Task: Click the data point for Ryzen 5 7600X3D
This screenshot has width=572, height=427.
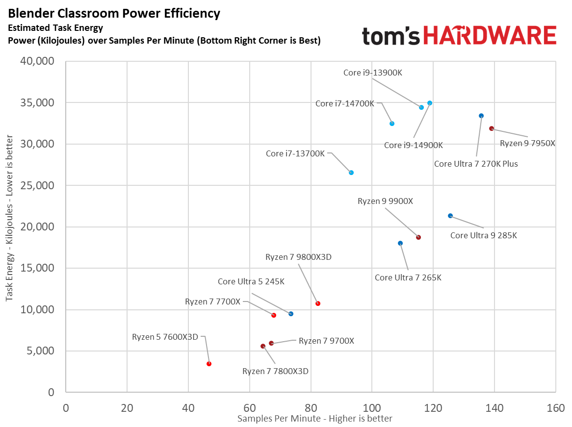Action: pos(209,364)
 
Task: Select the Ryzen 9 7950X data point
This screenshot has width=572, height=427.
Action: pos(491,128)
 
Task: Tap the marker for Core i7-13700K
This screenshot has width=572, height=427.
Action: pos(351,173)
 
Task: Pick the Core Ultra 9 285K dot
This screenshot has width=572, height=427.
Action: pos(450,216)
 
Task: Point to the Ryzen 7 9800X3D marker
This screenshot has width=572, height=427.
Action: pos(318,303)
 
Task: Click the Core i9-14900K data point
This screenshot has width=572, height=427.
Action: pos(430,103)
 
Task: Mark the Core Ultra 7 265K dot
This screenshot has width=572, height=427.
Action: pos(400,243)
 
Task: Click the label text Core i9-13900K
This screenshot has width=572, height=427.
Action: pos(372,73)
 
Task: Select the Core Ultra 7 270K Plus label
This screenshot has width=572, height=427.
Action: pos(476,164)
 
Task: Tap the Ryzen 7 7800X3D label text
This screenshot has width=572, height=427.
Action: pos(275,371)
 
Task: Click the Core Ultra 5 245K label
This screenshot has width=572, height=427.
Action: pos(251,281)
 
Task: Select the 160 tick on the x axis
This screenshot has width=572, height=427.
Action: pos(555,408)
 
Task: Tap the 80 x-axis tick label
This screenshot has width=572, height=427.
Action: pos(311,408)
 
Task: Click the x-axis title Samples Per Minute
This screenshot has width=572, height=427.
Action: pos(314,418)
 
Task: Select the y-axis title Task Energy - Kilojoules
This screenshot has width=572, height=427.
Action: pos(9,226)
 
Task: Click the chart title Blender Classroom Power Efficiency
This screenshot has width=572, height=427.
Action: pos(114,13)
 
